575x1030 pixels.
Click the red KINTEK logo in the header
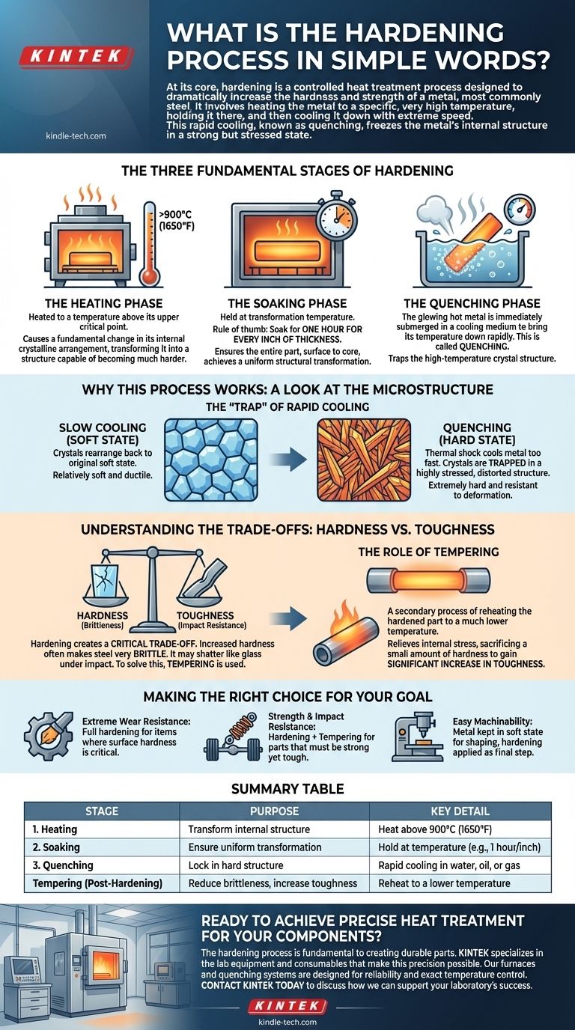76,57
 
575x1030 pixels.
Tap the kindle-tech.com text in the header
76,135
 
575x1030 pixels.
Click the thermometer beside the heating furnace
150,244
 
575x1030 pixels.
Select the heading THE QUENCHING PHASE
472,303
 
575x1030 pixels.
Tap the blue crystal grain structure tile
211,460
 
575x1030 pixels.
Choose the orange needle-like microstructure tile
364,460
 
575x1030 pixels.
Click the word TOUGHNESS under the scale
205,615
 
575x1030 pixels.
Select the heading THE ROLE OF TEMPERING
429,552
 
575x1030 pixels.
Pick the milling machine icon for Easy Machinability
418,737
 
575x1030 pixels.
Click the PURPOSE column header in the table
274,811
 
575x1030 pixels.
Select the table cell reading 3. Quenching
63,865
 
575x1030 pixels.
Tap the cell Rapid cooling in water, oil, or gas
449,865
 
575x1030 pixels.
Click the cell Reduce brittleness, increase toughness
273,883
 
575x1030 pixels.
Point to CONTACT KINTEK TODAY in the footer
252,985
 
